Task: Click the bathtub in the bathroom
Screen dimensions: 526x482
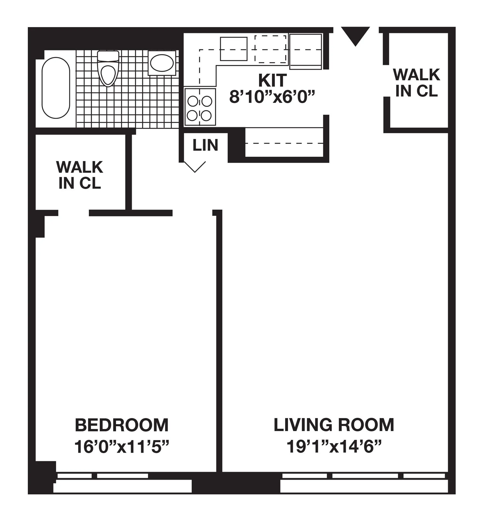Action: pos(56,88)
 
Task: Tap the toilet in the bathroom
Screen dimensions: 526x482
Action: pos(108,69)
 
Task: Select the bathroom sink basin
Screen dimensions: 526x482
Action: pos(162,63)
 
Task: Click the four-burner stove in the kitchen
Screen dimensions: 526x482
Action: pos(200,107)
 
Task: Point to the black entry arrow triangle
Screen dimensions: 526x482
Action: pos(355,35)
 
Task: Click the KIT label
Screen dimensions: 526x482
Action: pos(272,80)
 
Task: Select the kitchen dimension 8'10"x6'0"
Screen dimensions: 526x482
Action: pos(272,97)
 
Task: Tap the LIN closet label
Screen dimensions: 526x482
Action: pos(205,145)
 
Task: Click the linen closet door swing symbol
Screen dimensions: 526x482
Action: pos(195,167)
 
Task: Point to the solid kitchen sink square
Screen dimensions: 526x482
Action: pos(233,49)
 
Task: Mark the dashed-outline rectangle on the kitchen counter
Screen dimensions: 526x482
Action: pos(270,49)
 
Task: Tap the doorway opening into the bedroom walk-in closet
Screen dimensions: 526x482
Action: pos(73,213)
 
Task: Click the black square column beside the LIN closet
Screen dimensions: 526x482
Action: pos(236,145)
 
